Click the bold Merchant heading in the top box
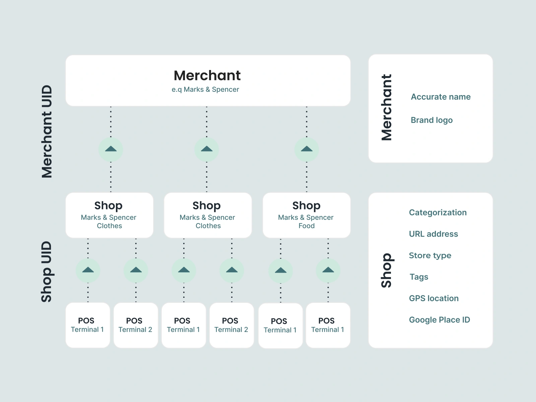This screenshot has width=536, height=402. pos(207,76)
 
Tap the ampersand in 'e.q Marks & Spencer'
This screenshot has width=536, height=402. pos(208,89)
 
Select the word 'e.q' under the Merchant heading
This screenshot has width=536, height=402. pos(177,90)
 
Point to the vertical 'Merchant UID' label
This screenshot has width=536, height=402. pos(47,131)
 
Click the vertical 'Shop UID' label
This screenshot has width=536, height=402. pos(47,272)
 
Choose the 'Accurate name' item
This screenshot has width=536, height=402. pos(441,97)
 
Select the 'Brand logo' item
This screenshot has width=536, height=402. pos(431,120)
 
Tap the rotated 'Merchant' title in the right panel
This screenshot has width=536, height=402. pos(386,108)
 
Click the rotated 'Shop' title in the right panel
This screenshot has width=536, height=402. pos(386,270)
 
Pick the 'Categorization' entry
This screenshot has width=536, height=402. pos(438,212)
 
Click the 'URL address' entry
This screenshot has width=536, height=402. pos(433,234)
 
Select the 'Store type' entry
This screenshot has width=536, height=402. pos(430,255)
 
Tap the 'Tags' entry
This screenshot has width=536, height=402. pos(419,277)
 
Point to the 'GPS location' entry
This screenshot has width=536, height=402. pos(433,298)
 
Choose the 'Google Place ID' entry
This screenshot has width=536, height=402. pos(439,320)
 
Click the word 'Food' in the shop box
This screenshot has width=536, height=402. pos(307,226)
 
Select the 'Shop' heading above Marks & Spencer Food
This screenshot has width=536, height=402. pos(306,205)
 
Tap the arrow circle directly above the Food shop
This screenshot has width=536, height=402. pos(307,149)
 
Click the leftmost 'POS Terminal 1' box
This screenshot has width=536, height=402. pos(88,325)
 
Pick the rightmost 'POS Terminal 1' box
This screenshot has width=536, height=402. pos(328,325)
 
